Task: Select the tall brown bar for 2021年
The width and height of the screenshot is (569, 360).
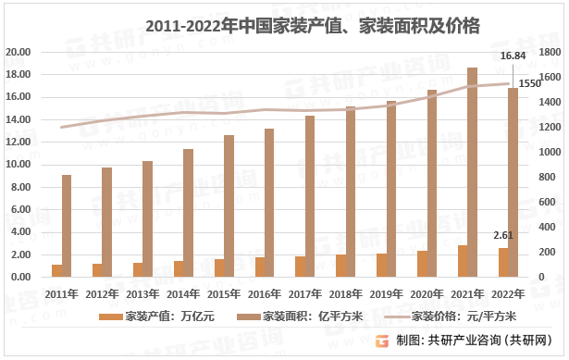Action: tap(472, 172)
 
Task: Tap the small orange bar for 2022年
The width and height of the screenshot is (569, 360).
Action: tap(503, 263)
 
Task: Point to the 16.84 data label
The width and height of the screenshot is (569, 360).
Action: tap(513, 56)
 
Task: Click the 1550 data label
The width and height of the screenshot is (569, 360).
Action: tap(529, 83)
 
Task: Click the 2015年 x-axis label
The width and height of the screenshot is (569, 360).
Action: tap(223, 293)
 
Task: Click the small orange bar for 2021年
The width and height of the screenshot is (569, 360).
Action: tap(463, 261)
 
